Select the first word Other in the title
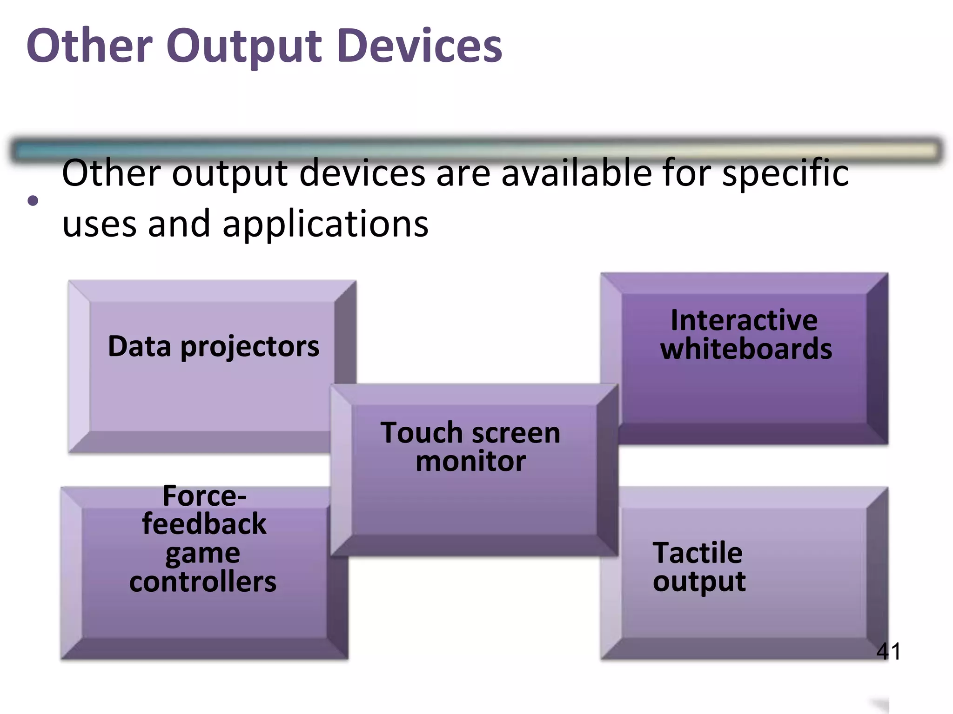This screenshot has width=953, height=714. pyautogui.click(x=90, y=46)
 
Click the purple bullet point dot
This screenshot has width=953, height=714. pyautogui.click(x=33, y=201)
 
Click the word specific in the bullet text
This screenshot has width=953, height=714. pyautogui.click(x=785, y=173)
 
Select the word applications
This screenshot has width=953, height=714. pyautogui.click(x=325, y=224)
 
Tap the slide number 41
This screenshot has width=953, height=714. pyautogui.click(x=888, y=651)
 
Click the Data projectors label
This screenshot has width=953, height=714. pyautogui.click(x=214, y=347)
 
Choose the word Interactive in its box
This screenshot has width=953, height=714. pyautogui.click(x=744, y=320)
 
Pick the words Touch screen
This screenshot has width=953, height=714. pyautogui.click(x=470, y=433)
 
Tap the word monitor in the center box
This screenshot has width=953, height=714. pyautogui.click(x=470, y=461)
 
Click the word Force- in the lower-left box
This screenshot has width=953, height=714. pyautogui.click(x=204, y=496)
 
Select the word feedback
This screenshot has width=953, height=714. pyautogui.click(x=204, y=524)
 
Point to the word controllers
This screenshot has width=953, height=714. pyautogui.click(x=203, y=582)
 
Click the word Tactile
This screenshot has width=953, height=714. pyautogui.click(x=698, y=553)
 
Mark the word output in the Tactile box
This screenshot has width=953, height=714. pyautogui.click(x=699, y=582)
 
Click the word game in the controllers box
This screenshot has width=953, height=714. pyautogui.click(x=203, y=554)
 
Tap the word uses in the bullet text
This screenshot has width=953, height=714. pyautogui.click(x=99, y=224)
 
